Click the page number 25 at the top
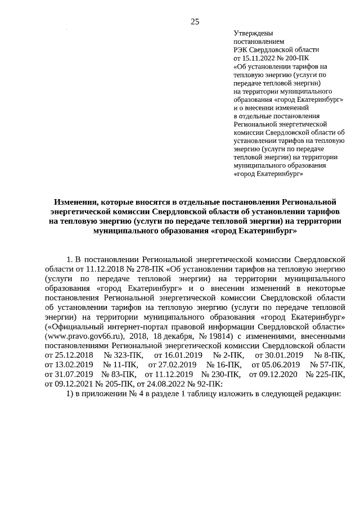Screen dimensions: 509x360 [x=195, y=22]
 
